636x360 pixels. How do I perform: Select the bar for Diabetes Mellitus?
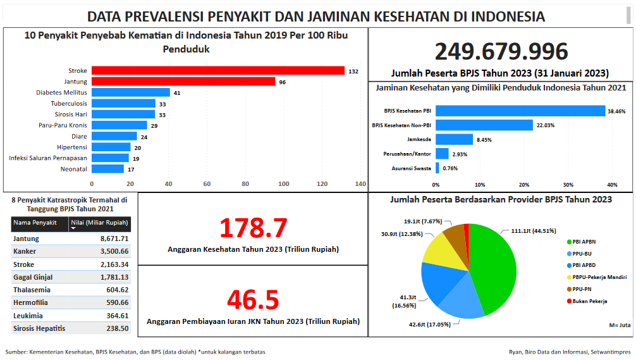pyautogui.click(x=131, y=92)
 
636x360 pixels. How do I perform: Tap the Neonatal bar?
pyautogui.click(x=108, y=169)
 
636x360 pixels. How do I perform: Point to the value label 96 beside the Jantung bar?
pyautogui.click(x=283, y=82)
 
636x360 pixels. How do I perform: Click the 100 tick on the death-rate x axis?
pyautogui.click(x=283, y=184)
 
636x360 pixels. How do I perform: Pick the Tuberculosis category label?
pyautogui.click(x=69, y=104)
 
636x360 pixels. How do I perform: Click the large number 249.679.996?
pyautogui.click(x=501, y=52)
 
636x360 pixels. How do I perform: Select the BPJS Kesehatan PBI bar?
pyautogui.click(x=520, y=111)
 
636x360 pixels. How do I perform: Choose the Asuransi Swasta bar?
pyautogui.click(x=437, y=168)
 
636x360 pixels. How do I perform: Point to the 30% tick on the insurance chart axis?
pyautogui.click(x=568, y=185)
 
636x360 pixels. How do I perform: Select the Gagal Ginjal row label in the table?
pyautogui.click(x=33, y=277)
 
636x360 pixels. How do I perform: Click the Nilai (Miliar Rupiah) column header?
pyautogui.click(x=99, y=223)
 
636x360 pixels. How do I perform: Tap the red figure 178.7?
pyautogui.click(x=253, y=228)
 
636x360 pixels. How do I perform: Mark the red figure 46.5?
pyautogui.click(x=253, y=300)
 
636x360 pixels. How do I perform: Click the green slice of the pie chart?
pyautogui.click(x=493, y=266)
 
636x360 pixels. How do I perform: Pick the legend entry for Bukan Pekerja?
pyautogui.click(x=590, y=301)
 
